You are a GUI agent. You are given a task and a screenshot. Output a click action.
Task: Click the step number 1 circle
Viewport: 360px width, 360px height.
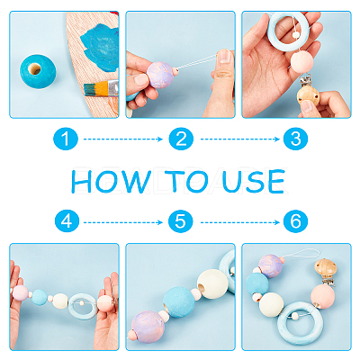66,139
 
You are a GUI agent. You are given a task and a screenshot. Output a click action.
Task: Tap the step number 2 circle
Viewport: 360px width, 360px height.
181,139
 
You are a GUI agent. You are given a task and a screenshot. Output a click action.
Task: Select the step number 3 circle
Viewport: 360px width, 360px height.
296,139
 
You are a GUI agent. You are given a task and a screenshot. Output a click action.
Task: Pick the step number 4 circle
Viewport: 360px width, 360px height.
67,221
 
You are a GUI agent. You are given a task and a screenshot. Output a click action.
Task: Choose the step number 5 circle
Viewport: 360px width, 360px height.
180,221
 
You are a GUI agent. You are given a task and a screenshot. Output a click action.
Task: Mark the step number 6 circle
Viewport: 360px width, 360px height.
296,221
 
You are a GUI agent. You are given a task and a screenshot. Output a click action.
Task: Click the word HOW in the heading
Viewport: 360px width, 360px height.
111,182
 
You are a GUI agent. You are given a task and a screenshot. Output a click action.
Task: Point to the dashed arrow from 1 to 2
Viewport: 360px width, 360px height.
123,139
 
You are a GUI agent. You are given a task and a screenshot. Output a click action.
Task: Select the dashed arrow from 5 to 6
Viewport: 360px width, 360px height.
240,222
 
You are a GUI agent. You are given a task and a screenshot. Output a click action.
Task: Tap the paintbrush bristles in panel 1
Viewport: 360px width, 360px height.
91,89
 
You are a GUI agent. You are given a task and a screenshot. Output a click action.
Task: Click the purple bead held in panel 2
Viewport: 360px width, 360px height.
161,75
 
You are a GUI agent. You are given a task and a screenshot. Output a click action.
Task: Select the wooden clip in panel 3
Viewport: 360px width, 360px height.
308,96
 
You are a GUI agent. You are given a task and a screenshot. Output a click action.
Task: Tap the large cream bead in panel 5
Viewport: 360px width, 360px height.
212,283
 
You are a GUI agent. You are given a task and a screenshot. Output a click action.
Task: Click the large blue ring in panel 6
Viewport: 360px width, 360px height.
282,324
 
